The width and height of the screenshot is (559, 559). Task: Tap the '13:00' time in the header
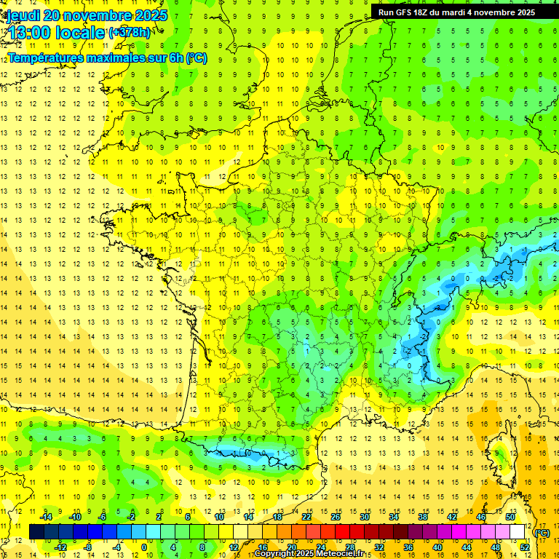(x=30, y=33)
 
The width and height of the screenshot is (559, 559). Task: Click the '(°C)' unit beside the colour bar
(x=542, y=533)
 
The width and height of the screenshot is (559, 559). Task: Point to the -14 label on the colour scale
(x=45, y=517)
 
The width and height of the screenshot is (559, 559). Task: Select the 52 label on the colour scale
(x=524, y=547)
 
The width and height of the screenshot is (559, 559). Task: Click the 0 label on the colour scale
(x=144, y=547)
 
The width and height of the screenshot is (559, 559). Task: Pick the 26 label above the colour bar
(x=335, y=517)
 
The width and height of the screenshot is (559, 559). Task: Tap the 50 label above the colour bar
(x=510, y=517)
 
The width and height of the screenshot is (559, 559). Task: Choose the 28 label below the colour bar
(x=349, y=547)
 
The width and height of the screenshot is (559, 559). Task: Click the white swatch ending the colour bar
(x=517, y=532)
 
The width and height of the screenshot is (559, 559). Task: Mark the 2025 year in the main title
(x=151, y=15)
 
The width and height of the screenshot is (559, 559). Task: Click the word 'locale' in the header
(x=82, y=33)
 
